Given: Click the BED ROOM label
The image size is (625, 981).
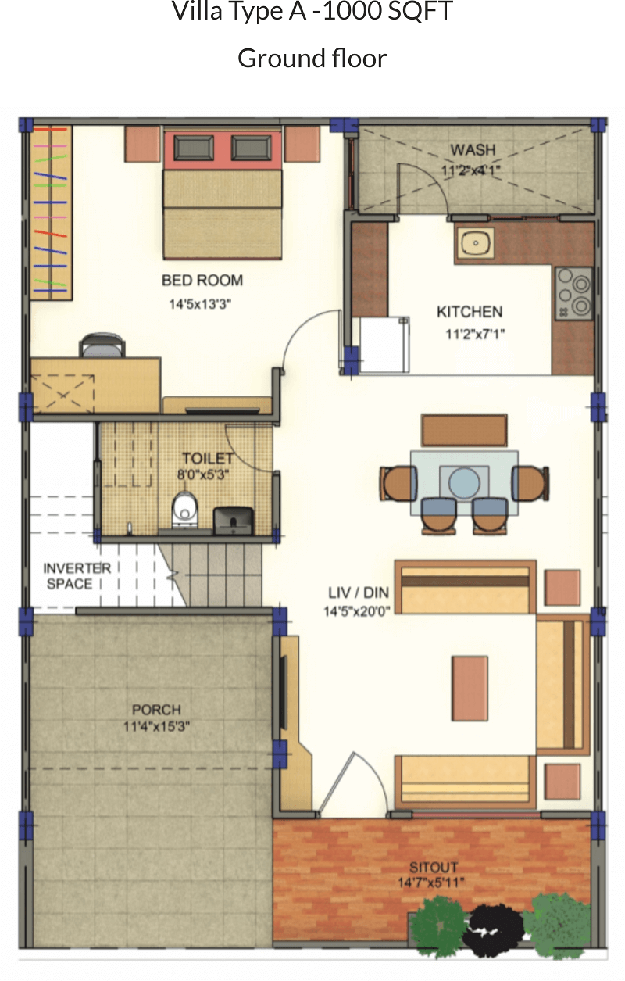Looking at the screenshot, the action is point(202,281).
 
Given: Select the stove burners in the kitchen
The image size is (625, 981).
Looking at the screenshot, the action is point(573,293).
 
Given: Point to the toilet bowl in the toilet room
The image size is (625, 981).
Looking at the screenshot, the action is point(184,510).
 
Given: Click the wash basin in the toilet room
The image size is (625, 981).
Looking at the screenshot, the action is point(234,521).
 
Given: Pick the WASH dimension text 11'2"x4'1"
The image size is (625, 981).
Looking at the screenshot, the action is point(470,170).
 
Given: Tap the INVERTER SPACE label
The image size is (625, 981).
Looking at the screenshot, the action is point(77,576).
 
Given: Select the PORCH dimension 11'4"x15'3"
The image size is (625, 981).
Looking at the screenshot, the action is point(156,727).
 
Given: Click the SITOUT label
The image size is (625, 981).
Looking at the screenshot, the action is point(434,867).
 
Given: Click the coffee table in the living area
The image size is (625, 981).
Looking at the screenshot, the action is point(470,688).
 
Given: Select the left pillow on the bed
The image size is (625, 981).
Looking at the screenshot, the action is point(194,148).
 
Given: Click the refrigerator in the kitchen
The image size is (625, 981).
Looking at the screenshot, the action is point(384,345).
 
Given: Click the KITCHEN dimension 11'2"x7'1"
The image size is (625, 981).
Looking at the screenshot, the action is point(475,335).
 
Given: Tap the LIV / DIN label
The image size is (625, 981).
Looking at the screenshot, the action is point(359,593).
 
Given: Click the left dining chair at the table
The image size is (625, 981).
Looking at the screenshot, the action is point(398,483).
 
